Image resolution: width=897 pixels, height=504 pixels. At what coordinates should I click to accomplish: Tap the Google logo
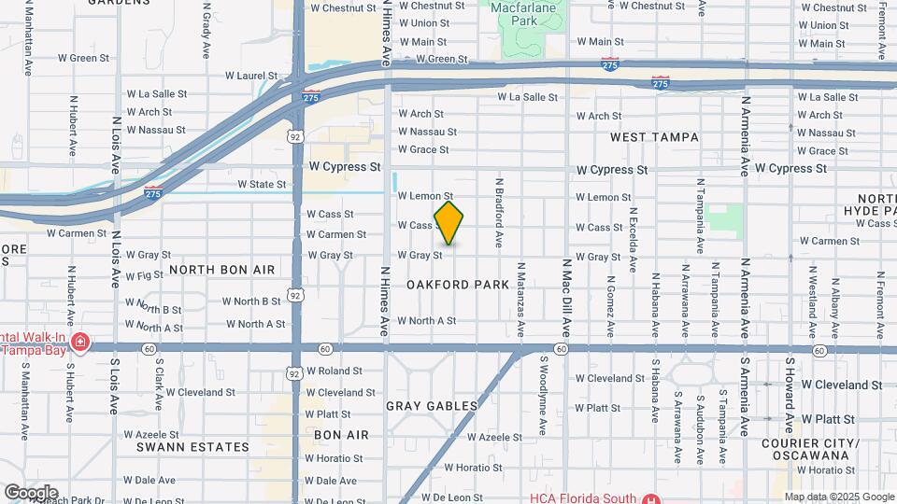click(x=31, y=492)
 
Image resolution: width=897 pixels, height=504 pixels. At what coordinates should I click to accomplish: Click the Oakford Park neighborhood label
click(x=458, y=284)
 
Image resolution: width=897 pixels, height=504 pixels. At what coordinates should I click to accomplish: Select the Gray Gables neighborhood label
click(x=432, y=406)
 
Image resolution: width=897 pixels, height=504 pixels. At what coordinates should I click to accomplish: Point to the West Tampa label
click(x=654, y=137)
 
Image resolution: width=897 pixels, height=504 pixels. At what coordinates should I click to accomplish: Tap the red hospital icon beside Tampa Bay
click(x=79, y=342)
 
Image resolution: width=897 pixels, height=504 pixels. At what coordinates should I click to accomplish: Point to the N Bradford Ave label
click(x=500, y=214)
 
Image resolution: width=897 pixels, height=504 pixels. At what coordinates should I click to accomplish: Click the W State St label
click(x=262, y=185)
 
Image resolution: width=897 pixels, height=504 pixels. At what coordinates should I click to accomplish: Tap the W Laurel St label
click(x=252, y=76)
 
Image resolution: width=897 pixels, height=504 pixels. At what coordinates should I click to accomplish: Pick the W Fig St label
click(x=144, y=276)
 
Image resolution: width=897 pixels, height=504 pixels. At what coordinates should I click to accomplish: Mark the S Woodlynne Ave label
click(x=543, y=395)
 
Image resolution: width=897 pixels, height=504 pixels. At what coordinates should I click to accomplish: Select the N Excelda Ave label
click(x=633, y=240)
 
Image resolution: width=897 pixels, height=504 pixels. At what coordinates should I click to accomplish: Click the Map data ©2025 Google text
click(x=838, y=497)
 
